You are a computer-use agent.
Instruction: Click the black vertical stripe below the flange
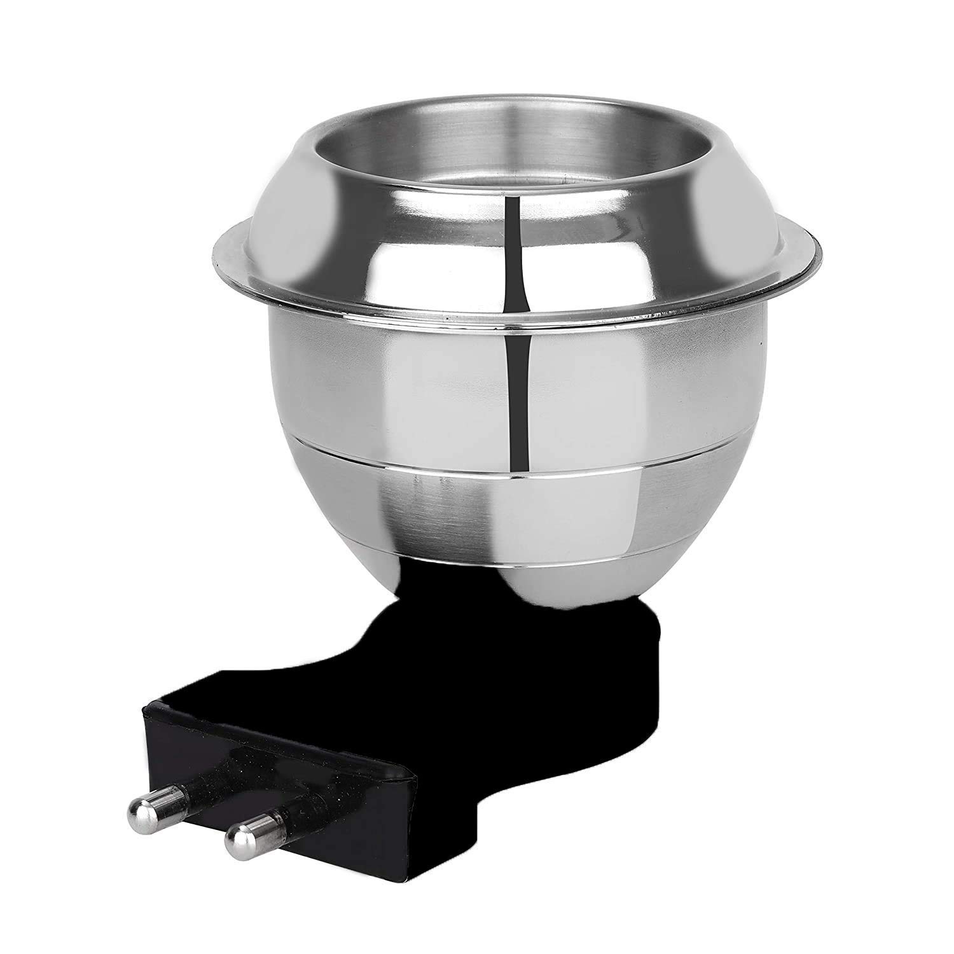click(518, 407)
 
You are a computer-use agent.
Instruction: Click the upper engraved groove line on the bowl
click(509, 474)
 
